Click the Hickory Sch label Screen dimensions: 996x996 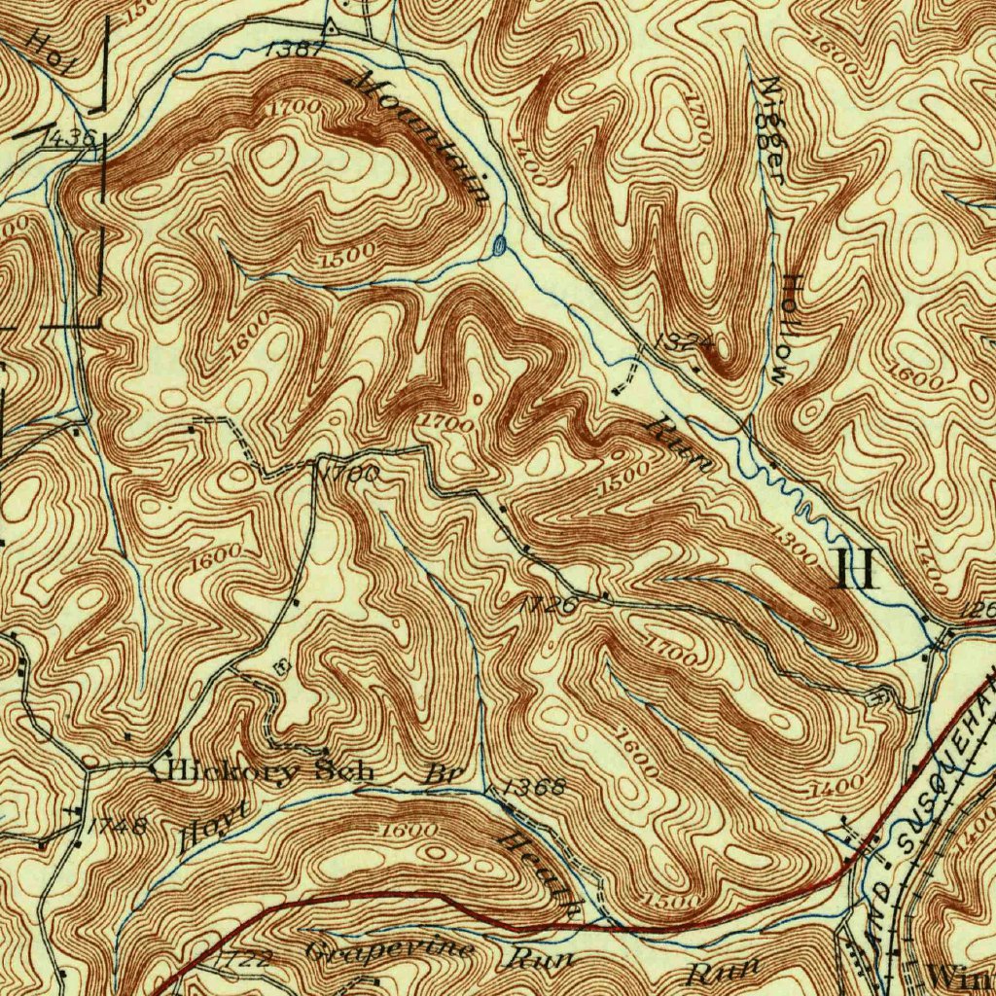click(x=264, y=772)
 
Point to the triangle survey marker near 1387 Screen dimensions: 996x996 click(x=330, y=28)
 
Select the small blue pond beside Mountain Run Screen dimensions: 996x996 click(x=498, y=245)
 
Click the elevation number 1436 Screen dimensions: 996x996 click(x=70, y=138)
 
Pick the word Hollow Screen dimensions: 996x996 click(x=786, y=327)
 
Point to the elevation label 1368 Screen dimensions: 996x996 click(x=533, y=787)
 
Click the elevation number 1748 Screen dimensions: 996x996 click(x=117, y=827)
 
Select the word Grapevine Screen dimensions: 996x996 click(x=390, y=949)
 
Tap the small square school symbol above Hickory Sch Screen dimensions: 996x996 click(x=282, y=665)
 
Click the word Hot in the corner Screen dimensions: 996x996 click(x=49, y=50)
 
